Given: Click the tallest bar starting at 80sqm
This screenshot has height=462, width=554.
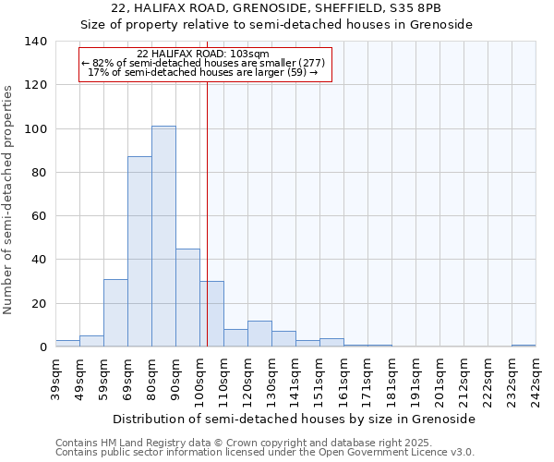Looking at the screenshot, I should coord(163,237).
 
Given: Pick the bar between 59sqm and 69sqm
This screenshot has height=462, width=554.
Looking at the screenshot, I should coord(115,312).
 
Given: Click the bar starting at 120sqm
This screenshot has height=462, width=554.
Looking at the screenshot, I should coord(259,334).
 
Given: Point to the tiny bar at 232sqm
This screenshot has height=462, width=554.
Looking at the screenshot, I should coord(524,346).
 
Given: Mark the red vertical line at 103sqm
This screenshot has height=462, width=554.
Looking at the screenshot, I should coord(207,213).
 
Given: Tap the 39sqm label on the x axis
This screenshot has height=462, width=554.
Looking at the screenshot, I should coord(55,379).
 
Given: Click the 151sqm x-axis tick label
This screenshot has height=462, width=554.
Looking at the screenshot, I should coord(319,379).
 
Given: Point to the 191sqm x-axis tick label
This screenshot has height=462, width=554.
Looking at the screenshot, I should coord(415,379).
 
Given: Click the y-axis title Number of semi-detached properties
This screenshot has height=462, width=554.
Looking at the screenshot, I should coord(9,199).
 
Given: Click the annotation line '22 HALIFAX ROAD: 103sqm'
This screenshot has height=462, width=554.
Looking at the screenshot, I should coord(203,54).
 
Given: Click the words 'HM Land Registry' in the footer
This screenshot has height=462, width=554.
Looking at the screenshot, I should coord(133,443).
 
